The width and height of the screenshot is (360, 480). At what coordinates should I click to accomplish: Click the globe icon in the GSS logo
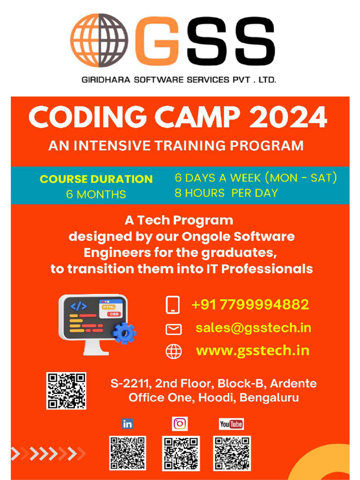click(x=99, y=41)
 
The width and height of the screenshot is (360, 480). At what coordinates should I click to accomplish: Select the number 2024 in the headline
click(x=288, y=118)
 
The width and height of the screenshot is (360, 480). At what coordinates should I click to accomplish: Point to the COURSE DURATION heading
click(x=96, y=179)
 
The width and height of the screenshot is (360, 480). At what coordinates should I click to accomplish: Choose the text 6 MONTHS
click(x=96, y=194)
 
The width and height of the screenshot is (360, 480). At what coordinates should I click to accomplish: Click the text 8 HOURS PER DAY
click(x=226, y=193)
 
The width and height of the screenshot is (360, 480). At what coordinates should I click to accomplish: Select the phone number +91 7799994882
click(x=250, y=305)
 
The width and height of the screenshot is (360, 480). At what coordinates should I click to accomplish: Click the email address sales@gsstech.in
click(x=253, y=328)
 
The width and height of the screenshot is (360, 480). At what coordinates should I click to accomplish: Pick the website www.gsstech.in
click(x=252, y=351)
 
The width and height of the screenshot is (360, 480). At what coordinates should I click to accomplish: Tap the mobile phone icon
click(x=173, y=305)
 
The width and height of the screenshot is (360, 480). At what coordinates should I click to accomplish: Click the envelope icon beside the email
click(x=173, y=330)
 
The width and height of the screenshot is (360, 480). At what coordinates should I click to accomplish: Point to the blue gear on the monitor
click(x=124, y=333)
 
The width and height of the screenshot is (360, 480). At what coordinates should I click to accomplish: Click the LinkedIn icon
click(x=127, y=424)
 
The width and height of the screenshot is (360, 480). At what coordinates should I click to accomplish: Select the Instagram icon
click(x=180, y=424)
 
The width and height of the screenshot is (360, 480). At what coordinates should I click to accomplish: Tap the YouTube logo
click(x=232, y=424)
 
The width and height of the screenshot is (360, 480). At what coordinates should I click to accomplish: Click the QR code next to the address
click(x=66, y=391)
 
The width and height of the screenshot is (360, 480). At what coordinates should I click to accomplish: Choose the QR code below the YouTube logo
click(x=232, y=453)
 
